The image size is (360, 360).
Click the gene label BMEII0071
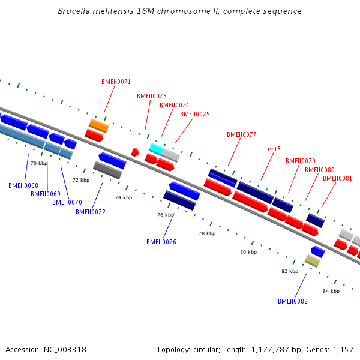point(116,82)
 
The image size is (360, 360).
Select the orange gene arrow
point(98,125)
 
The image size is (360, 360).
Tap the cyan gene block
point(155,148)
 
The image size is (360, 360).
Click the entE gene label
point(274,149)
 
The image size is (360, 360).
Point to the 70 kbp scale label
point(39,163)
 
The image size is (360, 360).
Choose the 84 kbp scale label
point(331,291)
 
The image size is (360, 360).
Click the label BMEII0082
point(292,301)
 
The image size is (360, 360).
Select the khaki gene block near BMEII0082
point(312,260)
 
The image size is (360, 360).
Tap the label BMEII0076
point(161,242)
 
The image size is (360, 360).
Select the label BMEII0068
point(23,185)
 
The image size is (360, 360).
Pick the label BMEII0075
point(195,114)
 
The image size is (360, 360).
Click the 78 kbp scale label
point(207,233)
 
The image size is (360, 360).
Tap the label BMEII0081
point(337,178)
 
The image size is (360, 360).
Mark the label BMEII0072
point(91,212)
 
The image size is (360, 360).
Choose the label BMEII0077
point(242,134)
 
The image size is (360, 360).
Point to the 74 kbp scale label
point(124,197)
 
